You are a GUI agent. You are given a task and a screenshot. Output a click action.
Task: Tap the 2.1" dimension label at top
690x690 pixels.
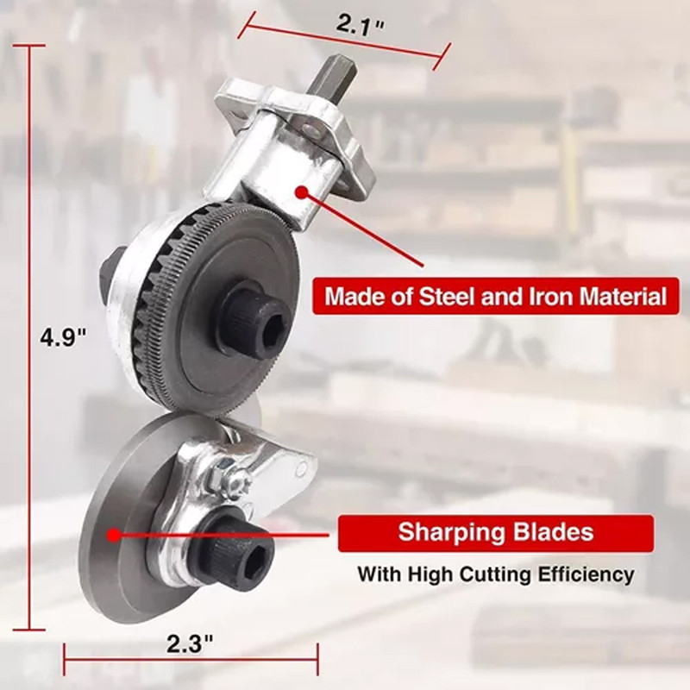361,26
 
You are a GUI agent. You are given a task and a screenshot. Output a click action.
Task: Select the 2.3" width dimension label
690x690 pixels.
190,644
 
